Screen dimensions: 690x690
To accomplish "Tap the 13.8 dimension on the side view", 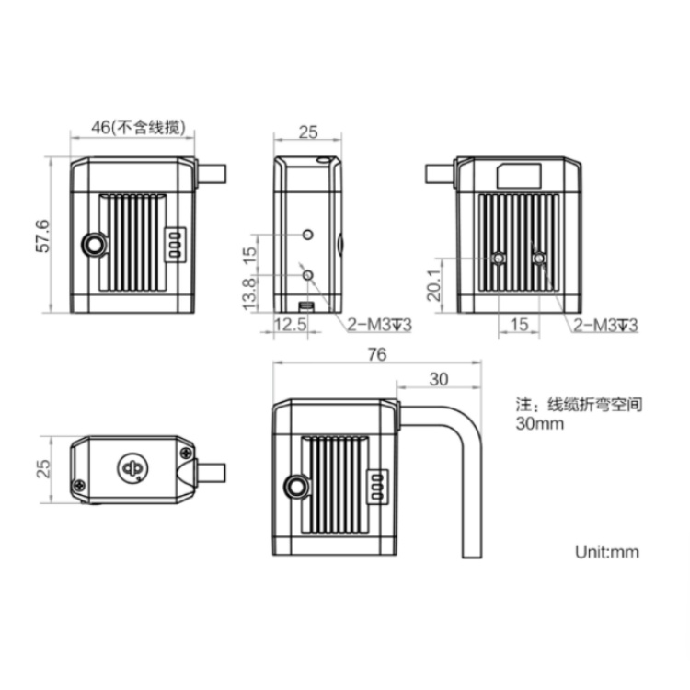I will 249,294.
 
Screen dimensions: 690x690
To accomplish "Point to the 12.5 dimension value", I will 291,325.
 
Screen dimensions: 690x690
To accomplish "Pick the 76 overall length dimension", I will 375,354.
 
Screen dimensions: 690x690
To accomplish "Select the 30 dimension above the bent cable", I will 439,378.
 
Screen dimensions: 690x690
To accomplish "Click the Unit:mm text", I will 605,552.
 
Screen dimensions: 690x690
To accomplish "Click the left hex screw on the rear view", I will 499,260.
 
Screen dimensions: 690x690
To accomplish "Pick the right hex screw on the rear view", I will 539,260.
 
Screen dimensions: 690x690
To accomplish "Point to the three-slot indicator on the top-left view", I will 173,246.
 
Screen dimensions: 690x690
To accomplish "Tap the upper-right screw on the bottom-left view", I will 187,453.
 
